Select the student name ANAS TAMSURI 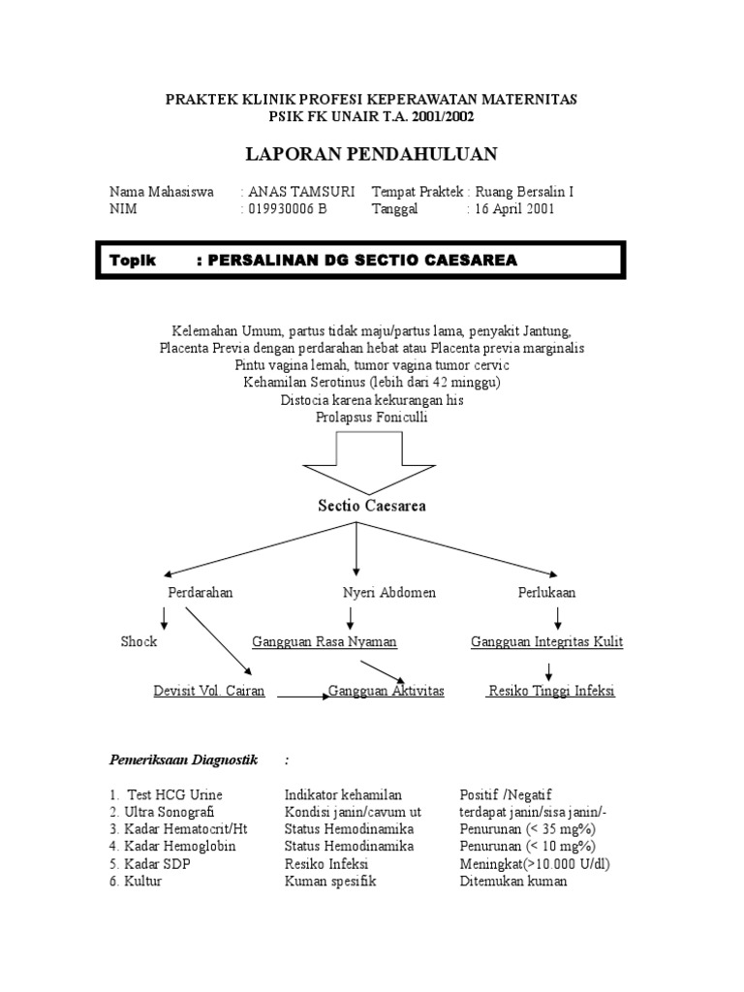pyautogui.click(x=301, y=192)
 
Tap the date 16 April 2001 pyautogui.click(x=513, y=209)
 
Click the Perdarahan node pyautogui.click(x=201, y=591)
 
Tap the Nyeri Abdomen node pyautogui.click(x=389, y=591)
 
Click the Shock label pyautogui.click(x=139, y=641)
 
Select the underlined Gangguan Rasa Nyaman pyautogui.click(x=325, y=641)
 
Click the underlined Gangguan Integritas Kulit pyautogui.click(x=546, y=641)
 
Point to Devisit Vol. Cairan pyautogui.click(x=209, y=691)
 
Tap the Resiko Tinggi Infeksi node pyautogui.click(x=551, y=691)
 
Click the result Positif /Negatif pyautogui.click(x=505, y=794)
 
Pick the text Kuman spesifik pyautogui.click(x=329, y=882)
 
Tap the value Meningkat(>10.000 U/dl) pyautogui.click(x=535, y=864)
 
